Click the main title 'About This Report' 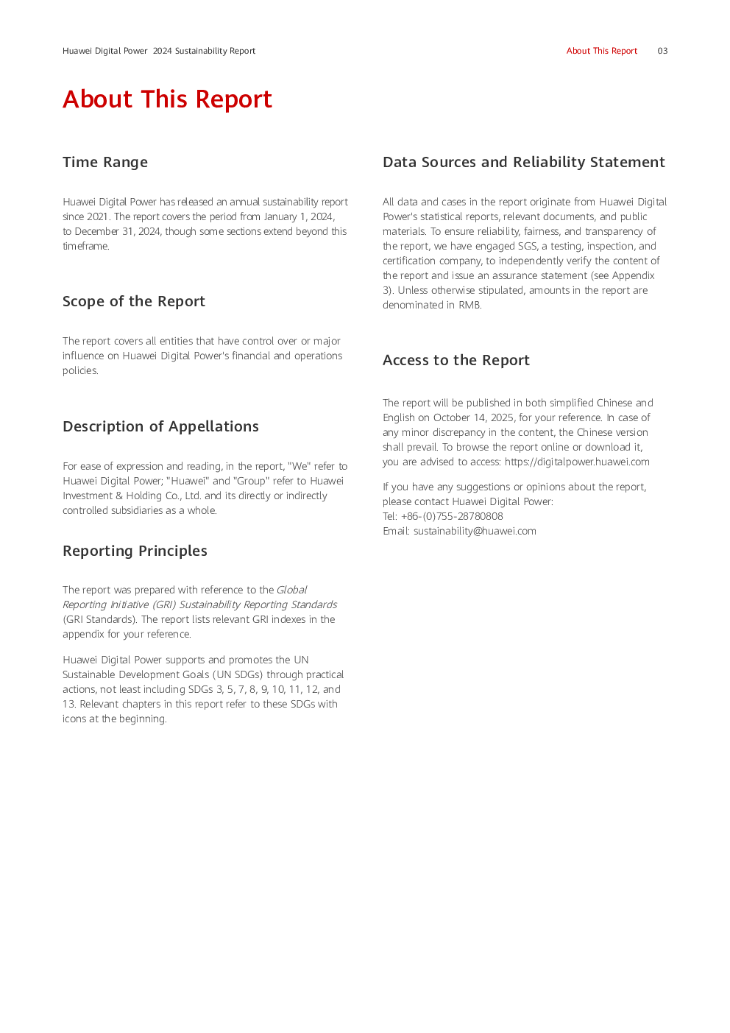click(167, 99)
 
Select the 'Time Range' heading click(105, 162)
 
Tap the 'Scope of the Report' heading click(134, 301)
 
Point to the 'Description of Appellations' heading click(160, 426)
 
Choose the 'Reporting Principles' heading click(135, 551)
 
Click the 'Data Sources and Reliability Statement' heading click(523, 162)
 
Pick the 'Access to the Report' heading click(456, 360)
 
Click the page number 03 click(662, 51)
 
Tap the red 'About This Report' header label click(601, 51)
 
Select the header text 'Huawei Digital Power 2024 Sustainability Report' click(159, 51)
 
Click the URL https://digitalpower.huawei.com click(577, 462)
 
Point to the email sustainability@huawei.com click(475, 531)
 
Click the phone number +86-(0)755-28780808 click(452, 516)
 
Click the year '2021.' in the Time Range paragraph click(99, 216)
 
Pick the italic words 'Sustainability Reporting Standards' click(258, 604)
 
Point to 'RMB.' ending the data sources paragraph click(470, 305)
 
